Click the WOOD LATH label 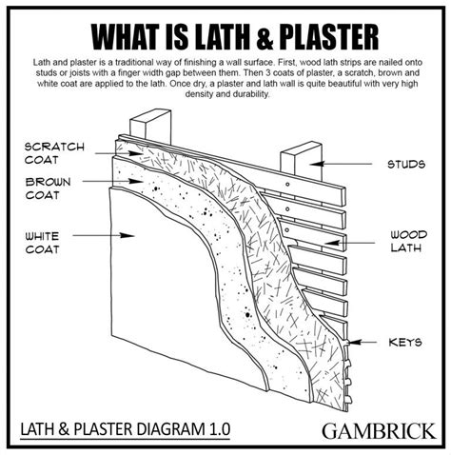point(408,242)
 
